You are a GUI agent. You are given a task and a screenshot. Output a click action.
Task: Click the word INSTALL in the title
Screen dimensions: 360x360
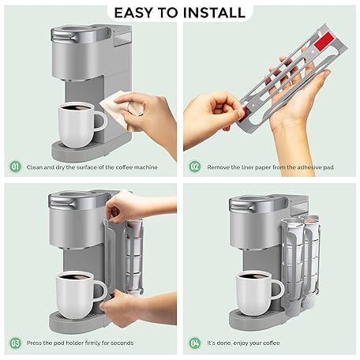[x=214, y=13]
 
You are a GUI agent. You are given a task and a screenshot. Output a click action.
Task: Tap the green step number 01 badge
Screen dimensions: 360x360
[x=15, y=167]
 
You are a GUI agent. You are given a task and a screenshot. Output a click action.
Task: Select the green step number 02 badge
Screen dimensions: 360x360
[x=195, y=167]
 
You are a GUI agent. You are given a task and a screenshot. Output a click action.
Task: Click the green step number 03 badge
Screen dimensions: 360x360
[x=15, y=343]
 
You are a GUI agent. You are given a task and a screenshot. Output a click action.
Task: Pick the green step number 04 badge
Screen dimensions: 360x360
[x=195, y=343]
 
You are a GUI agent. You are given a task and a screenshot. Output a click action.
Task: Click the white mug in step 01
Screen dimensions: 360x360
[x=79, y=125]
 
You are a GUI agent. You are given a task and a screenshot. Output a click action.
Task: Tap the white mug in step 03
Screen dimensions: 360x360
[x=78, y=294]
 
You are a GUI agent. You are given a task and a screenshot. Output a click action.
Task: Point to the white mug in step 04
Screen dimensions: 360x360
[x=257, y=293]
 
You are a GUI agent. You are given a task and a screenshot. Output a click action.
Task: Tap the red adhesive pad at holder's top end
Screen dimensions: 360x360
[x=324, y=42]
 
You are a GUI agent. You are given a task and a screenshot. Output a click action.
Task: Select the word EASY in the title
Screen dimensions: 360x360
[x=133, y=13]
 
